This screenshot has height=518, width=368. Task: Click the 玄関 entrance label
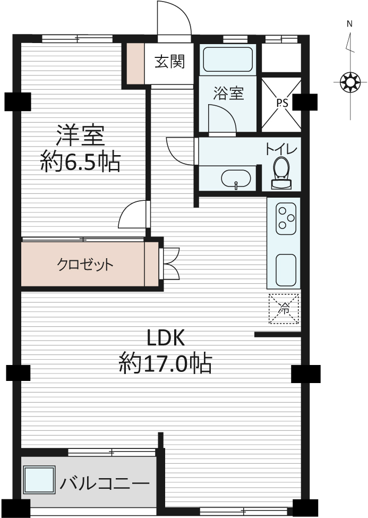170,62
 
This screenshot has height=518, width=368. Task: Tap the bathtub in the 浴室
228,60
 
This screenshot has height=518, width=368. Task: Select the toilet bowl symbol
281,173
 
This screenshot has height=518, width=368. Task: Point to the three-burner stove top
286,219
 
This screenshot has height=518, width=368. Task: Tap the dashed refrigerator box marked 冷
284,309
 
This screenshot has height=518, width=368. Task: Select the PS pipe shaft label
282,103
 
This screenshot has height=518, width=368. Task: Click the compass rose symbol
350,82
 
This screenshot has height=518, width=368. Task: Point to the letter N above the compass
349,24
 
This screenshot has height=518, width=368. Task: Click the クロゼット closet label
85,264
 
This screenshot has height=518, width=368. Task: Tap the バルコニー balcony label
105,483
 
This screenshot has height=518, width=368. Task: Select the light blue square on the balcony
39,480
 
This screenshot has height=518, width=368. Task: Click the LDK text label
166,337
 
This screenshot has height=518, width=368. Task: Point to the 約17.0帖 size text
165,363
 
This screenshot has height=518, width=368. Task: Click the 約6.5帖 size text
80,162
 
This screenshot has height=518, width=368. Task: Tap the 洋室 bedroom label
80,135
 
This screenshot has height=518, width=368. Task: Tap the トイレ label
281,149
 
